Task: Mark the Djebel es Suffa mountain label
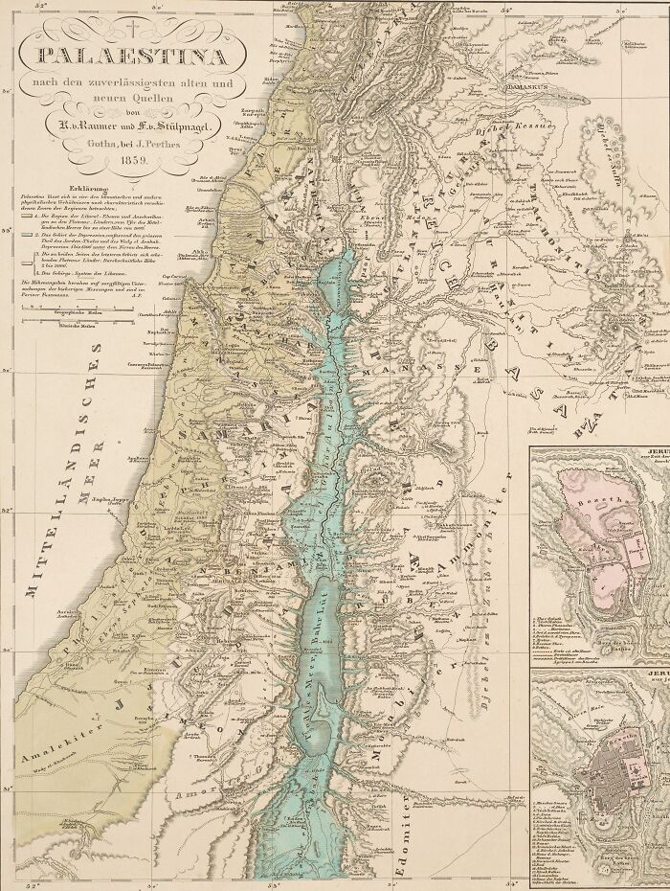click(614, 143)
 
